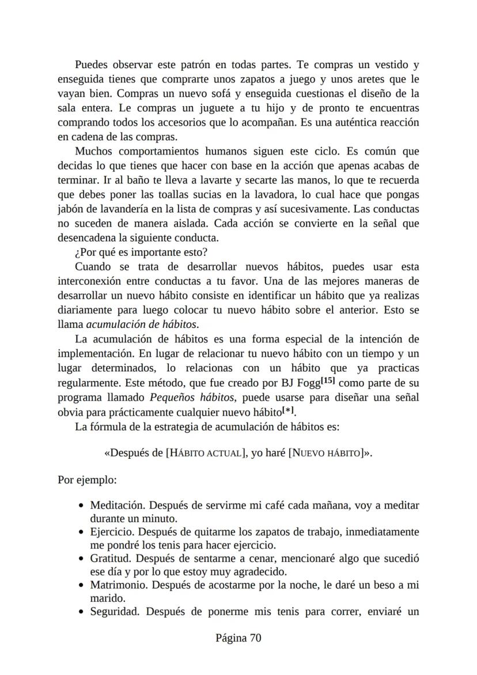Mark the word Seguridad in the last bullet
click(x=114, y=612)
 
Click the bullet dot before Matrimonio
click(x=82, y=586)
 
